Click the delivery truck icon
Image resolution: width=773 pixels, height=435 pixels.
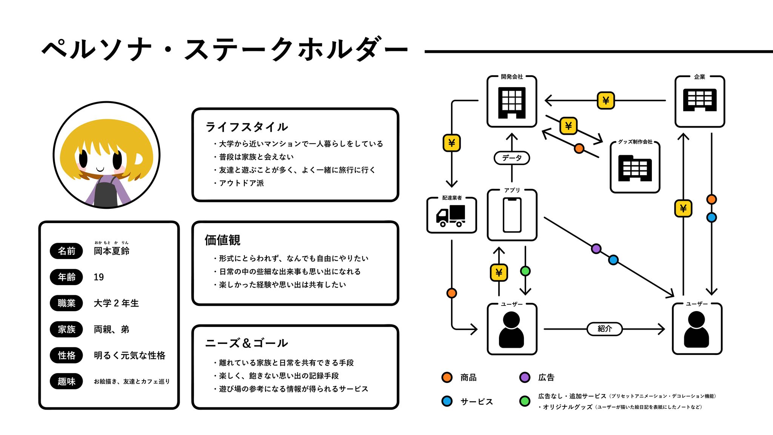point(451,216)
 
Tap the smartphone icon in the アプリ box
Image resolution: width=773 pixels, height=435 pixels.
point(512,215)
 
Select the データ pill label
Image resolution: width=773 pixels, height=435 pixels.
point(512,158)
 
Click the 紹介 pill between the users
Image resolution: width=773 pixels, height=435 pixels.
point(605,329)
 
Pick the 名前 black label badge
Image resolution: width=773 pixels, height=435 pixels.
point(66,251)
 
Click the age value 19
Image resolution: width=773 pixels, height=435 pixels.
point(99,277)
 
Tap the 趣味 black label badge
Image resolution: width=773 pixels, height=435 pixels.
point(66,381)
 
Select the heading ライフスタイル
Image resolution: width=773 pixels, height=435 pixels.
point(246,127)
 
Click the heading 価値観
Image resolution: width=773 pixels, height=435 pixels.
point(222,240)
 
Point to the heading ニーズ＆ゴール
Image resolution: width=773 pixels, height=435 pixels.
point(246,343)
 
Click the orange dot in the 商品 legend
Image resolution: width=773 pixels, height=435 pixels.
point(447,377)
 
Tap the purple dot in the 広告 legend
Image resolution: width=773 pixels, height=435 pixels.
point(525,377)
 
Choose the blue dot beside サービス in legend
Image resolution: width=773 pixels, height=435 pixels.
point(447,401)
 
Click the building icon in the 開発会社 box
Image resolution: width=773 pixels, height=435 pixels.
point(512,103)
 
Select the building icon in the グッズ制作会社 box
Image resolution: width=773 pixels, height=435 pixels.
point(635,168)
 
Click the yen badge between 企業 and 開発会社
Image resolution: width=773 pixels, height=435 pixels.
point(606,100)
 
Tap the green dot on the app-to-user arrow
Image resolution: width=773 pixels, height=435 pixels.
point(525,271)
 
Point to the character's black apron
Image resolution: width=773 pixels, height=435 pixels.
point(105,193)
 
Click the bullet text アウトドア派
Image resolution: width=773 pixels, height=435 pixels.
point(242,183)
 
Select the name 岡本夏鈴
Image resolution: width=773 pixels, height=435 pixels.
point(111,251)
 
